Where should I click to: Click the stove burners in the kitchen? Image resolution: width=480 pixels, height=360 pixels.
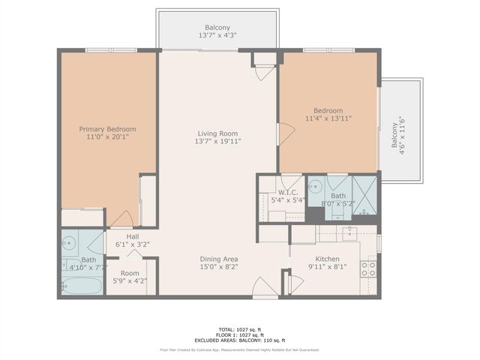tap(368, 268)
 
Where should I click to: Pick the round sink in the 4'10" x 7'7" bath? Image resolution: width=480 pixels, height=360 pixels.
tap(69, 242)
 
